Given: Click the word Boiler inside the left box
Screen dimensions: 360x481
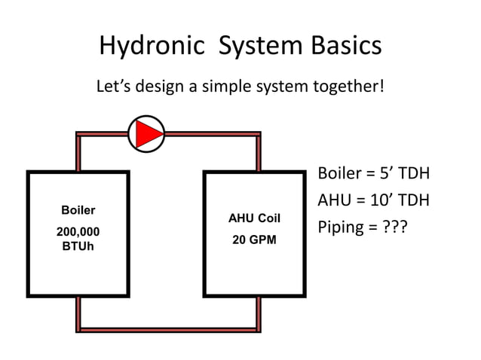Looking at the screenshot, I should [78, 210].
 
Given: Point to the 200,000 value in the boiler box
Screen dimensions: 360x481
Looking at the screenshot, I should [78, 233].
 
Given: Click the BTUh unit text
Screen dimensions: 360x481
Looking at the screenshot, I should [78, 246].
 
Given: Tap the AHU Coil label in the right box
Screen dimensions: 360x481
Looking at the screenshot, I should [254, 218].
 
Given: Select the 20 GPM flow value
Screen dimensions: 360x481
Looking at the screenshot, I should [254, 240].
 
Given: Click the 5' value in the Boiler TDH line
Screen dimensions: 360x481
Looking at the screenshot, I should [386, 174].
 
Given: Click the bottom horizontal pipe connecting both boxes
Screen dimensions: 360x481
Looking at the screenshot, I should [168, 328].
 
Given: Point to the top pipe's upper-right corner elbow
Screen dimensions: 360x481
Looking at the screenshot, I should [258, 136].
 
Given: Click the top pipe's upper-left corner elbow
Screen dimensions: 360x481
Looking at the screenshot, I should [78, 136].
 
